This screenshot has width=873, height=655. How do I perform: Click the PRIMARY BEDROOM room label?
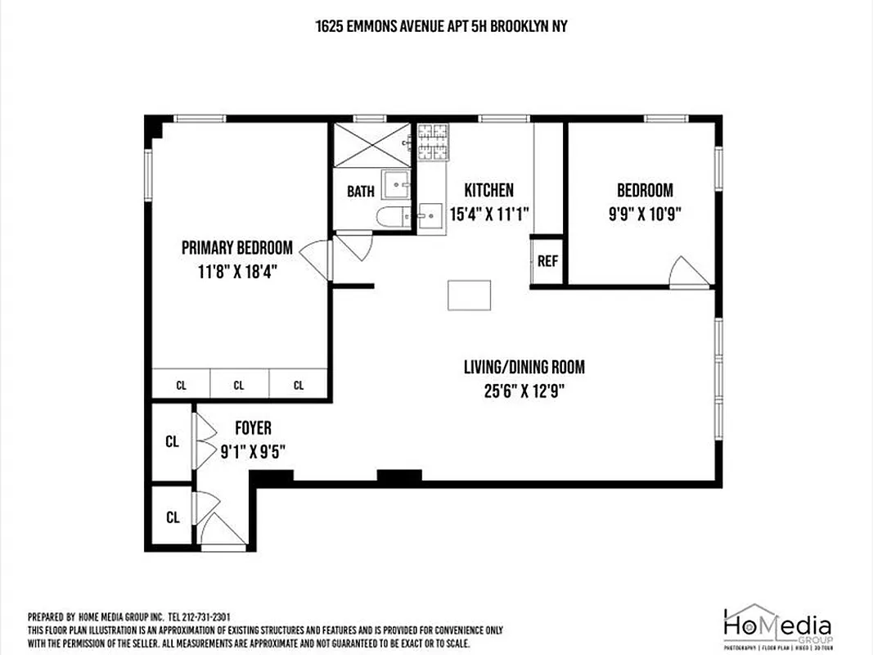236,247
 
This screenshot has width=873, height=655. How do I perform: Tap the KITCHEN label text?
488,191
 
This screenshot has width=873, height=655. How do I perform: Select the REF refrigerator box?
547,261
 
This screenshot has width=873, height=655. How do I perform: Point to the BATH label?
360,192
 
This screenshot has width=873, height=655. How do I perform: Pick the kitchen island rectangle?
469,295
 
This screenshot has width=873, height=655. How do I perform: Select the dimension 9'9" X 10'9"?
645,215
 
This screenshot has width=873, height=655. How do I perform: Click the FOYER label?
253,428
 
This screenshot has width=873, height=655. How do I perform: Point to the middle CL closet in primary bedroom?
239,385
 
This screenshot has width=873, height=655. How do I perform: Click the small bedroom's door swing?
687,273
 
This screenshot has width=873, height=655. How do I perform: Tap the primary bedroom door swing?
315,260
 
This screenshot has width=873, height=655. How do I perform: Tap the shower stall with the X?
373,145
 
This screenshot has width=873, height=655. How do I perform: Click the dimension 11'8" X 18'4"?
236,272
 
